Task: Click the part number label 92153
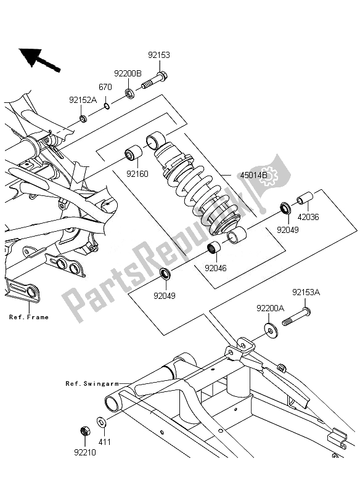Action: click(x=159, y=55)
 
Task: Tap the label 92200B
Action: click(x=128, y=73)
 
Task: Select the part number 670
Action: click(x=105, y=87)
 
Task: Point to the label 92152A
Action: click(x=83, y=100)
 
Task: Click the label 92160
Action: click(x=137, y=174)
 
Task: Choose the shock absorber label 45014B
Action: click(x=254, y=175)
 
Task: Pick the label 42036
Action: click(x=308, y=217)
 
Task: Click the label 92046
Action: click(x=216, y=268)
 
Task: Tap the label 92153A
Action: click(x=306, y=292)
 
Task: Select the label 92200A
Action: click(x=271, y=309)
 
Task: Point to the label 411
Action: click(x=105, y=442)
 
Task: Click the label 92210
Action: click(x=85, y=452)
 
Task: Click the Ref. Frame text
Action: click(x=29, y=317)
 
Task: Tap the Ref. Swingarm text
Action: click(x=92, y=383)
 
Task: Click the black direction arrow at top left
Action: click(x=39, y=59)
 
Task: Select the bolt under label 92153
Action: click(x=154, y=81)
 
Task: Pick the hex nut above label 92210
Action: click(x=85, y=431)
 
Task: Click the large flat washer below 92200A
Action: click(x=271, y=329)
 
